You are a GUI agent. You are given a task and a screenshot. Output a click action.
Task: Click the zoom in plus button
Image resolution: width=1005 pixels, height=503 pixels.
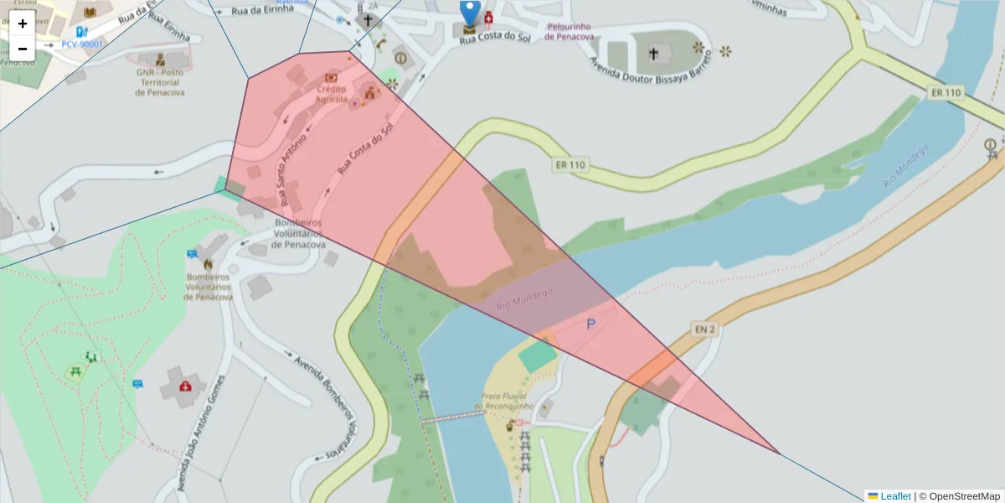23,23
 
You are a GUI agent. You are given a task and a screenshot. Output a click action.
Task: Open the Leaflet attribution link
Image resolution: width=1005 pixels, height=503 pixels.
895,496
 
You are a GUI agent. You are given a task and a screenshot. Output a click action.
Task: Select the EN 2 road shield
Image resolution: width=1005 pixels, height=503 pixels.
704,329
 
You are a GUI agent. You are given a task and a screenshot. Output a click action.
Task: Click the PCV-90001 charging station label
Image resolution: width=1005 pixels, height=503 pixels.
83,44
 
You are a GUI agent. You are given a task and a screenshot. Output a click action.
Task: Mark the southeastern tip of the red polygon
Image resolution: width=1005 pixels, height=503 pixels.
780,454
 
